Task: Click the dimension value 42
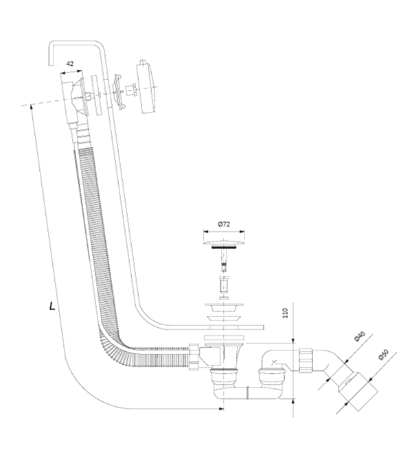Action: [70, 64]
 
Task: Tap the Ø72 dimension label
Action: [224, 224]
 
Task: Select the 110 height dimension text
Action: [285, 313]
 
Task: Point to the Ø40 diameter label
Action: [360, 337]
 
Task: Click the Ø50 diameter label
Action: [383, 355]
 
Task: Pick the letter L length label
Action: [52, 306]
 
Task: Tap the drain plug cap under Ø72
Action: [224, 244]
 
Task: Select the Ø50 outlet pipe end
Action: [358, 391]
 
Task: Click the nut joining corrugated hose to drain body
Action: [193, 357]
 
